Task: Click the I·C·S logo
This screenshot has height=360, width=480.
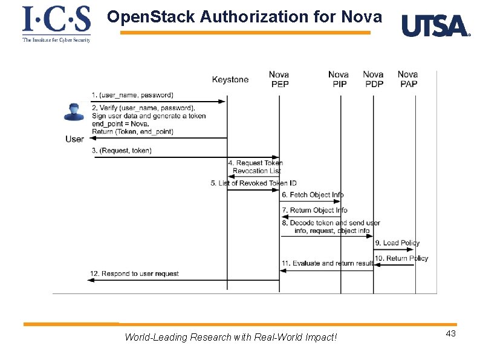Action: click(56, 24)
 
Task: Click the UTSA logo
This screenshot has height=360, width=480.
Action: click(435, 26)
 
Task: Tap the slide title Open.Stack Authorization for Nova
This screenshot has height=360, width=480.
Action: click(244, 17)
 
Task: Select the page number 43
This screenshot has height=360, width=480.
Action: click(450, 335)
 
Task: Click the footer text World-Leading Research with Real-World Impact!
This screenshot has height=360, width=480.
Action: click(230, 337)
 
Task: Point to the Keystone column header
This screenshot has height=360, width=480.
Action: click(230, 80)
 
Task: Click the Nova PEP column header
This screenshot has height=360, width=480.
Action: click(279, 79)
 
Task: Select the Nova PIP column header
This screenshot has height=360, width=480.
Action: click(339, 79)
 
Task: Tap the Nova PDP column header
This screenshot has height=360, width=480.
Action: click(373, 79)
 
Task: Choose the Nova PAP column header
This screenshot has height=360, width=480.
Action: click(408, 79)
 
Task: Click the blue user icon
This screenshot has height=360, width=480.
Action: click(74, 113)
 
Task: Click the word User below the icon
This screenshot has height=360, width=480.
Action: click(74, 139)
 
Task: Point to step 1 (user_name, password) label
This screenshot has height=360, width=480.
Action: click(132, 95)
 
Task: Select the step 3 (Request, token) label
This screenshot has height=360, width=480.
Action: click(122, 150)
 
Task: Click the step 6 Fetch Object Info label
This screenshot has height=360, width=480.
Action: click(312, 195)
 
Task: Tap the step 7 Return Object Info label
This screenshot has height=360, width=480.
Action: click(314, 210)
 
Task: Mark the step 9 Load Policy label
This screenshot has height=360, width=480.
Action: click(397, 243)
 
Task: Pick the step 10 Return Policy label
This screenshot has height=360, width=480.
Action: click(401, 258)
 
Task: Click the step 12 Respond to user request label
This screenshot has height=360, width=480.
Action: click(134, 273)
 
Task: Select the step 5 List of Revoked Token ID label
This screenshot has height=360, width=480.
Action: click(253, 183)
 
